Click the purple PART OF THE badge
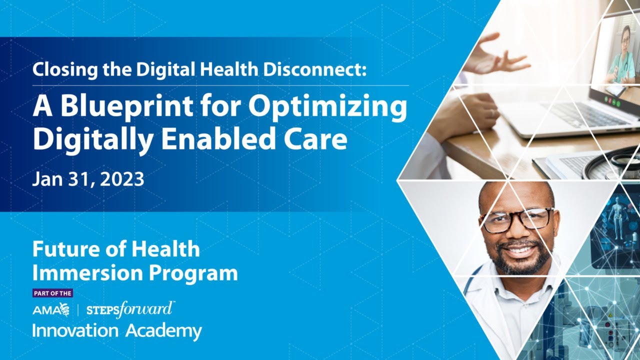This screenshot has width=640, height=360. coord(53,293)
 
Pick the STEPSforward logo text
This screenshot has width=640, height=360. coord(129,309)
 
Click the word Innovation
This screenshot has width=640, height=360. coord(75,330)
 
